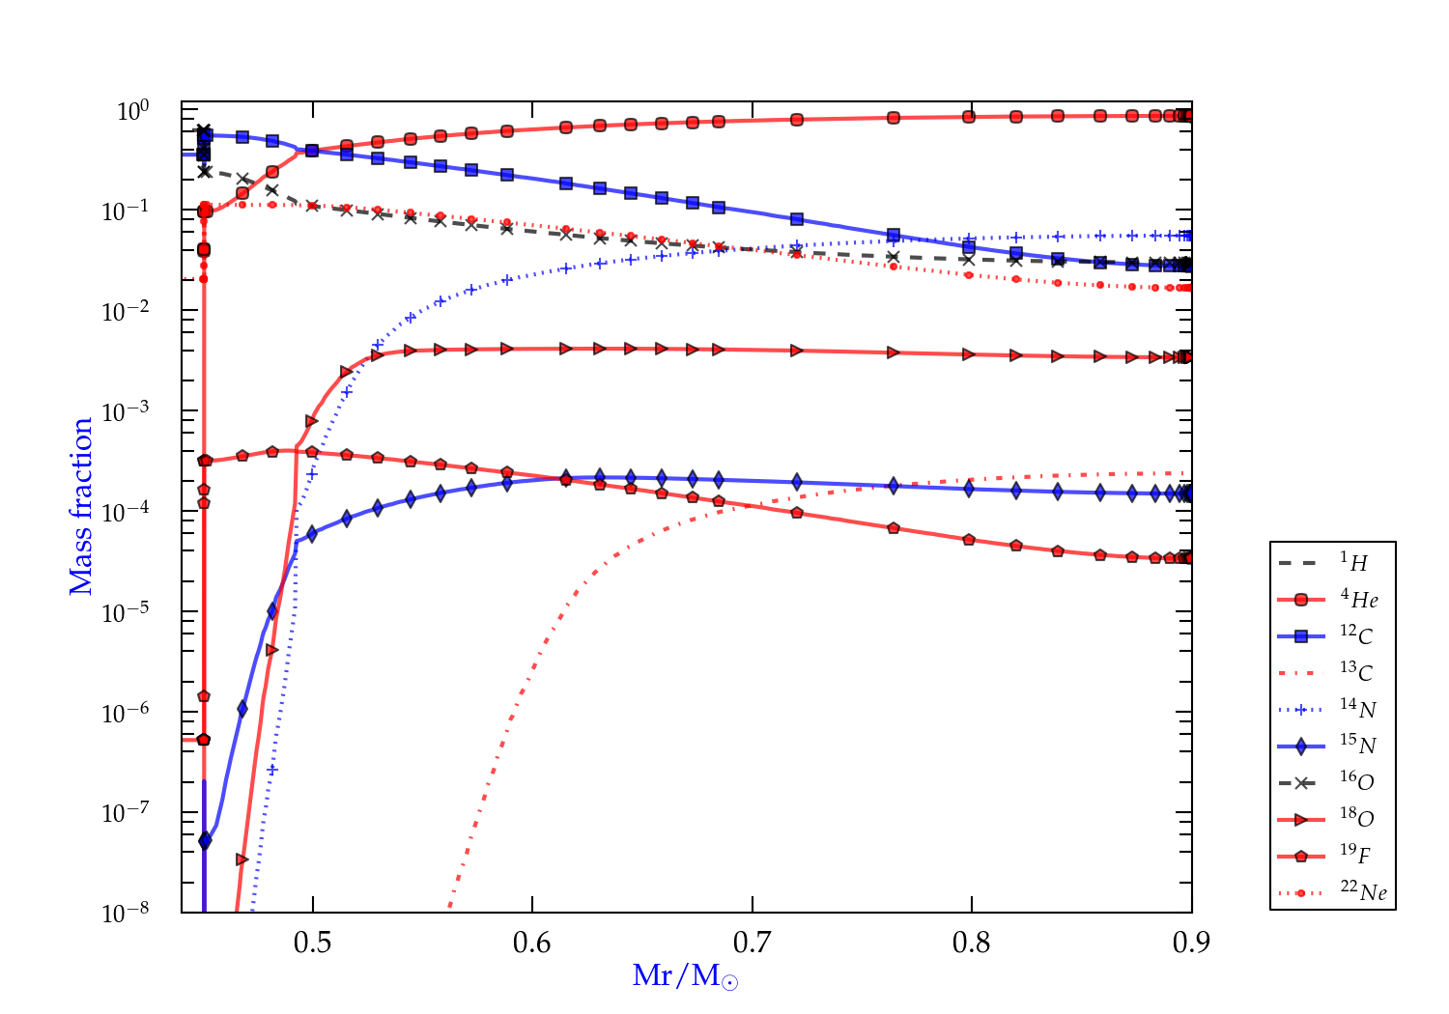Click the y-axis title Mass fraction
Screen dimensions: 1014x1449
(x=81, y=506)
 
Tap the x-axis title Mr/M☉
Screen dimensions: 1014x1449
(x=685, y=976)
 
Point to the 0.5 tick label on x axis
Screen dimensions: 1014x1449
(x=312, y=943)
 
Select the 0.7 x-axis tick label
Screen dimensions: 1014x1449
(x=752, y=943)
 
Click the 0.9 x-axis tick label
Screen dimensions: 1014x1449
(x=1191, y=943)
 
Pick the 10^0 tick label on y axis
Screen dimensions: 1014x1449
(x=132, y=111)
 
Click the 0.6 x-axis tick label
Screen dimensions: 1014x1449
(x=532, y=943)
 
